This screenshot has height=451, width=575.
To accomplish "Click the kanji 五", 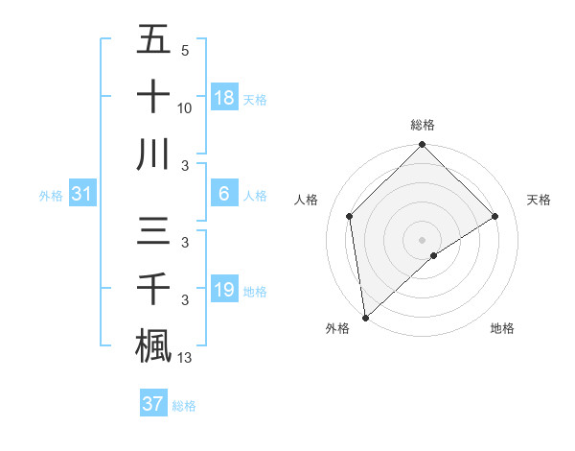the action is pos(153,41).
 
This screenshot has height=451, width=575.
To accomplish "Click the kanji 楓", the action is pos(153,345).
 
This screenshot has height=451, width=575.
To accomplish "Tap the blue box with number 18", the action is pos(223,97).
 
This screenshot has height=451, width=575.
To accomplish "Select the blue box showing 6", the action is pos(223,195).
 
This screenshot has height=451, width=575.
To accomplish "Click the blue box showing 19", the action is pos(223,290).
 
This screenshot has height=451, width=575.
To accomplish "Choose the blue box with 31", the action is pos(82,195).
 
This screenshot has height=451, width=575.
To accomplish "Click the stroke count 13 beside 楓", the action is pos(185,359).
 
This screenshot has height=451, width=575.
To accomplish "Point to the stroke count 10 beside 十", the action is pos(185,107).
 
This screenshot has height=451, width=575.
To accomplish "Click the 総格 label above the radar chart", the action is pos(423,125).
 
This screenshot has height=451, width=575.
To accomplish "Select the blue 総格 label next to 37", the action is pos(184,406).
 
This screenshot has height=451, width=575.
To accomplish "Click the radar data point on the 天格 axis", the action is pos(495,216).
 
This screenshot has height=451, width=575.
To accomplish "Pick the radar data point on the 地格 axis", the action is pos(434,255).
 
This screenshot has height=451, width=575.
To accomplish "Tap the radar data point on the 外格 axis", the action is pos(365,317).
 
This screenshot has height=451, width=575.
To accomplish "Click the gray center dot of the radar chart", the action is pos(423,239).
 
